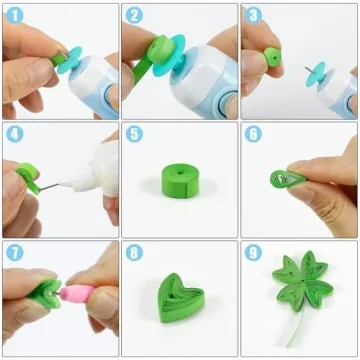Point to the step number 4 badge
pos(14,134)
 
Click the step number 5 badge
pos(134,134)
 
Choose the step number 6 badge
pos(253,134)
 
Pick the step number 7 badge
pos(14,253)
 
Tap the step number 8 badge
pos(134,253)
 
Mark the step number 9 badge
pos(253,253)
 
